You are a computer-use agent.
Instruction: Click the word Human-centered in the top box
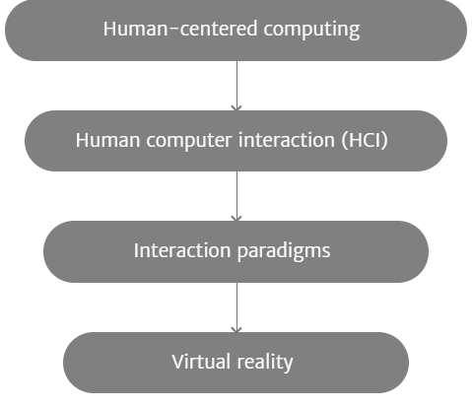pos(180,29)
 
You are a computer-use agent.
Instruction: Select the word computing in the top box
pos(311,31)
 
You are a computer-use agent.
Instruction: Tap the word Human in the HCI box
pos(108,140)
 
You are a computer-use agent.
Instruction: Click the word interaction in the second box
pos(287,140)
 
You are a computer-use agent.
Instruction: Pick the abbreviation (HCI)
pos(365,141)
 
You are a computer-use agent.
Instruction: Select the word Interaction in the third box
pos(182,250)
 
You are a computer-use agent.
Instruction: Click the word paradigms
pos(284,252)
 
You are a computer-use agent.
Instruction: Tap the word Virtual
pos(201,362)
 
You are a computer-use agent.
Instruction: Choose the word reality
pos(265,363)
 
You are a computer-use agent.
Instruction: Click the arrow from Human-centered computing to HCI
pos(236,86)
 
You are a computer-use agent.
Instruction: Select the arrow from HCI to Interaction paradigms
pos(236,196)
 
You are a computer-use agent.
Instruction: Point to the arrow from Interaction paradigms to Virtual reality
pos(236,307)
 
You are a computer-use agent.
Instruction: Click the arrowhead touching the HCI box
pos(236,108)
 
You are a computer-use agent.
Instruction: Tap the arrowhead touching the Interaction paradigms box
pos(236,219)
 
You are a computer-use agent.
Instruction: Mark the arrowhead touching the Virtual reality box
pos(236,330)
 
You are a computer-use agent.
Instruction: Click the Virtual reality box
pos(236,363)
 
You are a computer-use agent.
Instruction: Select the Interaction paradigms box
pos(236,251)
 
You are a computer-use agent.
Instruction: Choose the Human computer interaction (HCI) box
pos(236,141)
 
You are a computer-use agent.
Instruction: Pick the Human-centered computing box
pos(236,31)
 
